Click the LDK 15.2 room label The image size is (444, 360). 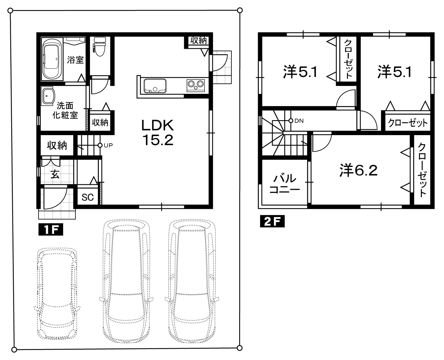coord(158,133)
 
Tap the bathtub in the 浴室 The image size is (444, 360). coord(52,59)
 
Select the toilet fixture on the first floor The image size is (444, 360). coord(100,47)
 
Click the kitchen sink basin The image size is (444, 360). coord(155,86)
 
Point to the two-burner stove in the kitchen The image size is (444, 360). coord(196,85)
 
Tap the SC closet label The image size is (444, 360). coord(88,197)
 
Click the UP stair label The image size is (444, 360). coord(108,145)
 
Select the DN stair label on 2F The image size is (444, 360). coord(299,121)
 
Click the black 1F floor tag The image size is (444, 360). coord(51,230)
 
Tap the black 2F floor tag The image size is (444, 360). coord(272,221)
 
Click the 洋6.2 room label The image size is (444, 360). coord(358,170)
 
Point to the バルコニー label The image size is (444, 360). coord(285,184)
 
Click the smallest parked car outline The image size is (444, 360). coord(57,297)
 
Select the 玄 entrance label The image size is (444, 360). coord(55,174)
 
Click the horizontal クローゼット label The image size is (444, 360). coord(407,123)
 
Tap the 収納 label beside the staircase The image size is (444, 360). coord(57,145)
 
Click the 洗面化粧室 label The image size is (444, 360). coord(65,110)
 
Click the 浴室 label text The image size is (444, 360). coord(75,60)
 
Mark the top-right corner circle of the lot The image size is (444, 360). coord(240,10)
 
